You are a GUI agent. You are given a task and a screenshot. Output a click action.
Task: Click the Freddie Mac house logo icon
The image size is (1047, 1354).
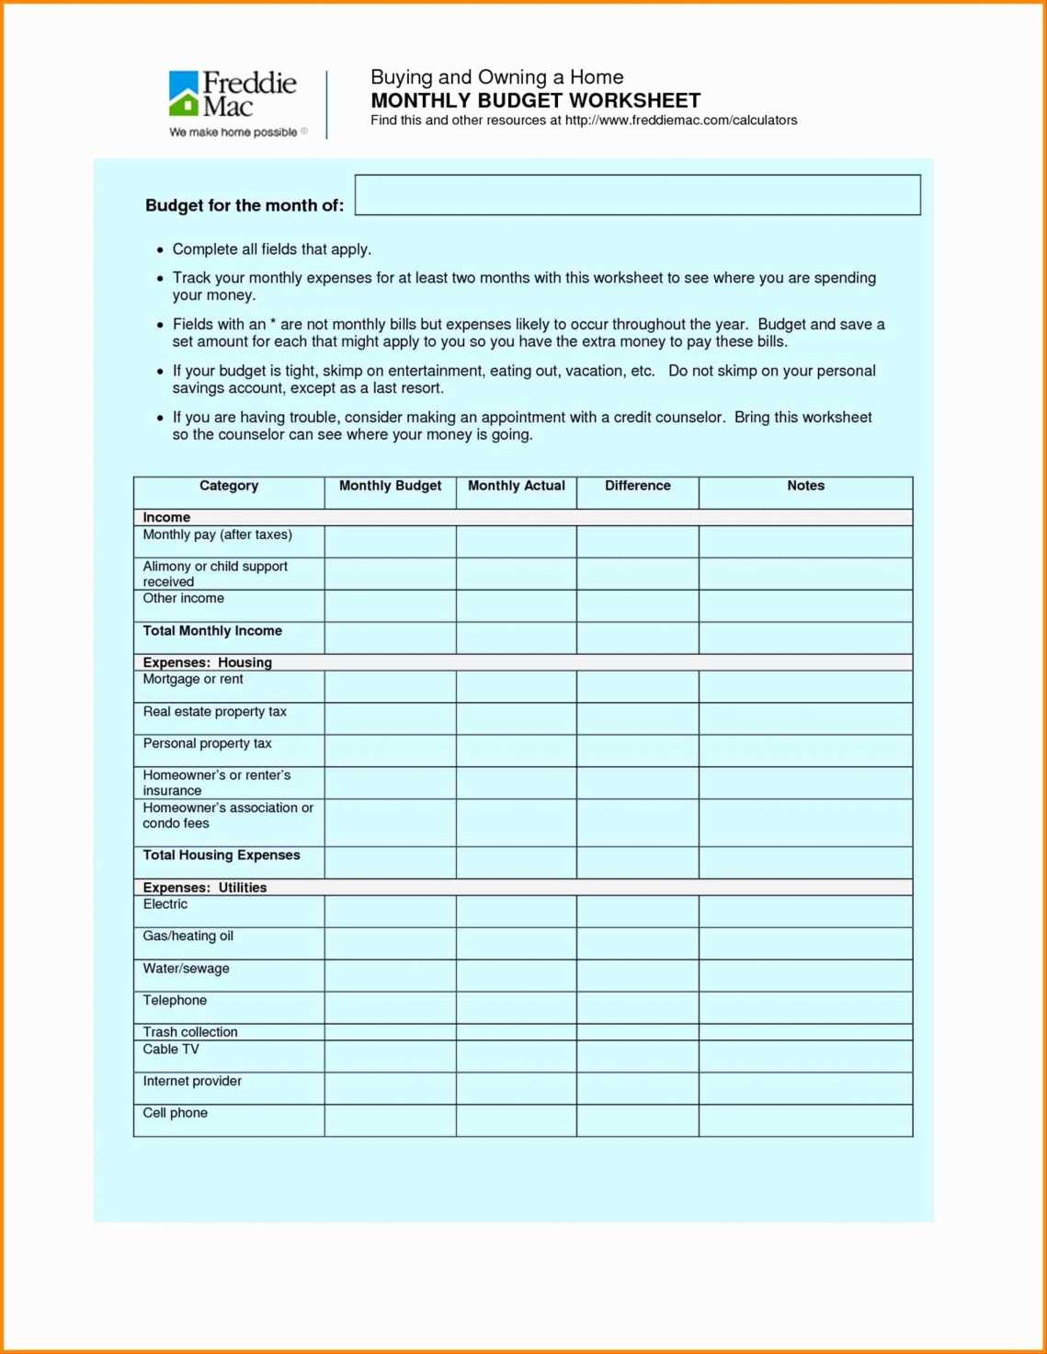click(x=184, y=94)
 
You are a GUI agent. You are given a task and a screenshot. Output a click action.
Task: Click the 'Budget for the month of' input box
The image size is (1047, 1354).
click(x=637, y=195)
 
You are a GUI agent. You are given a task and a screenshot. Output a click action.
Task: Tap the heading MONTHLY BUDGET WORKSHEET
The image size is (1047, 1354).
click(x=535, y=100)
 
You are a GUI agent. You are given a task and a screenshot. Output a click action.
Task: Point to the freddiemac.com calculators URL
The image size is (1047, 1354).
click(x=680, y=120)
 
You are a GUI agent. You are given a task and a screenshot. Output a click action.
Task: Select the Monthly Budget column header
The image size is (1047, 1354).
click(x=390, y=487)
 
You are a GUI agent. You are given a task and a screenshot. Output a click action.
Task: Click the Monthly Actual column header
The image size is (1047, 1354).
click(x=516, y=487)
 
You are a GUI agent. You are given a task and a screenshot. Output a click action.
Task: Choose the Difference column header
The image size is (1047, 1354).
click(x=637, y=487)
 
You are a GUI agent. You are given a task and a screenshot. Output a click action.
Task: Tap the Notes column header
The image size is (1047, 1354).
click(x=805, y=487)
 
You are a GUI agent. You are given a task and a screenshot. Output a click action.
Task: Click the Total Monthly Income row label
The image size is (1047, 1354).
click(x=212, y=631)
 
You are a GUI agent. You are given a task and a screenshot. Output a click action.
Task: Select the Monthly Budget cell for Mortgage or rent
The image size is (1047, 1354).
click(x=390, y=686)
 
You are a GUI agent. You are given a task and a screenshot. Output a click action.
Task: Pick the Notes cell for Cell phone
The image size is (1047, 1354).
click(x=805, y=1119)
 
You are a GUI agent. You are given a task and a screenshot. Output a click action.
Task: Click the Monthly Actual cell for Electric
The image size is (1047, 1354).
click(x=516, y=912)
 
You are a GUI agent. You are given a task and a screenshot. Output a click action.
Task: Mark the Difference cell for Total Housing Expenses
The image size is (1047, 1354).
click(x=637, y=862)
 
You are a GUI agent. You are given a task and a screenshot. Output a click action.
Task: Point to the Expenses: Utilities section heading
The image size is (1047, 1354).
click(x=205, y=888)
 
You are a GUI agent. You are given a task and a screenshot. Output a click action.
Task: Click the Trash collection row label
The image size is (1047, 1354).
click(x=190, y=1032)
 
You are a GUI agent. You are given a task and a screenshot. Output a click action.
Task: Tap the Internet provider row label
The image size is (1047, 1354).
click(x=192, y=1081)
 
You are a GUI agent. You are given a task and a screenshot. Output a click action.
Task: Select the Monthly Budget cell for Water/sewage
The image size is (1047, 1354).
click(x=390, y=975)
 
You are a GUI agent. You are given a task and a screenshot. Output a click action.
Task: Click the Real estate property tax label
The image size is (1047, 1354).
click(x=214, y=712)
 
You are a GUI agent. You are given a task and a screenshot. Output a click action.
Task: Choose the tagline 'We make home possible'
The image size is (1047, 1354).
click(x=233, y=132)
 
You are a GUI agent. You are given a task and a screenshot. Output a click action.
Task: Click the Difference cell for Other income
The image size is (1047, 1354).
click(x=637, y=605)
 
